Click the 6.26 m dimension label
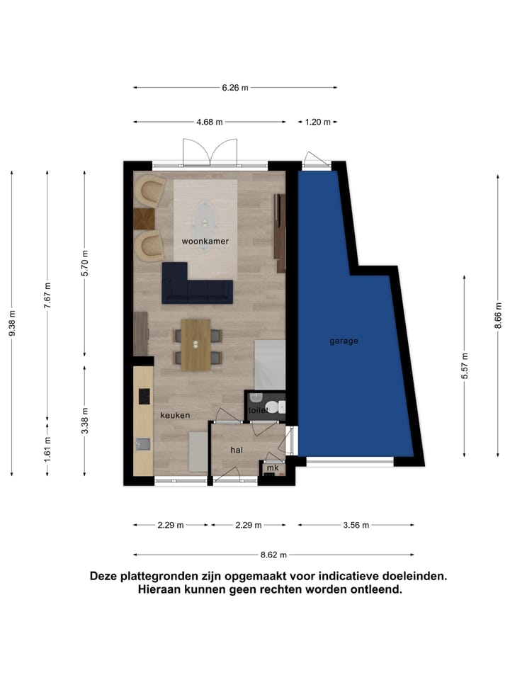coord(235,88)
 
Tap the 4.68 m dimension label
coord(210,122)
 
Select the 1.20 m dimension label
coord(317,122)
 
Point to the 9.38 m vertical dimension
coord(12,323)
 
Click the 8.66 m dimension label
coord(498,315)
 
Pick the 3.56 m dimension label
coord(356,525)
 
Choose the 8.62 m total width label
coord(273,555)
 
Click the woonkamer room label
coord(205,241)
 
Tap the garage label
coord(344,341)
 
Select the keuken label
coord(175,415)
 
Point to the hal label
coord(237,450)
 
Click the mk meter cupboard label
coord(273,468)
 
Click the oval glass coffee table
coord(205,220)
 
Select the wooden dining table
coord(195,345)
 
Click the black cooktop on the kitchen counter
coord(144,397)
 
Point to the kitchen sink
coord(143,444)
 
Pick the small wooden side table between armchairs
coord(144,219)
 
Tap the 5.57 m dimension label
coord(465,366)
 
